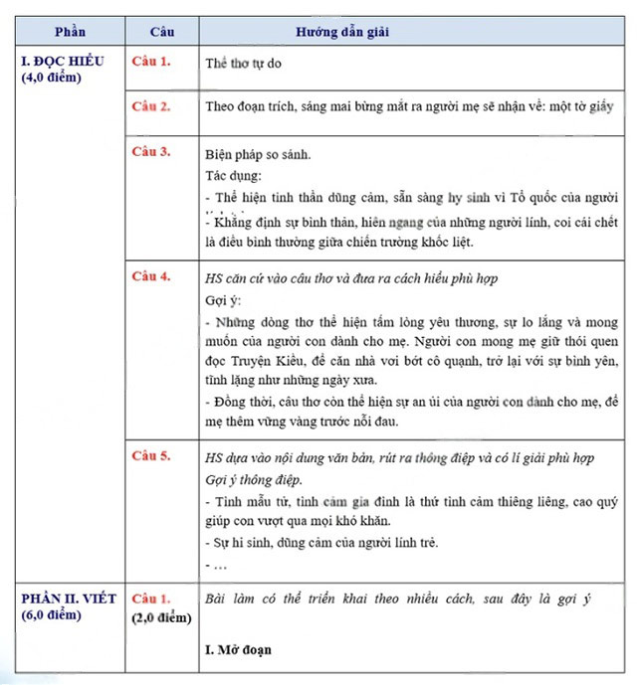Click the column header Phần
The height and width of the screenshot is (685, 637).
click(69, 32)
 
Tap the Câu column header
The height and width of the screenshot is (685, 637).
click(159, 32)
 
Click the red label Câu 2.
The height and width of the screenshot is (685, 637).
click(151, 105)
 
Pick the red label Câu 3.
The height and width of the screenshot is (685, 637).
click(151, 151)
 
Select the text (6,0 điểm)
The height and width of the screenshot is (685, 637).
click(51, 614)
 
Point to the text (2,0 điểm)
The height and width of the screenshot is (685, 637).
click(160, 616)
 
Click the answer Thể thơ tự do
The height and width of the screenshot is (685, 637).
click(246, 62)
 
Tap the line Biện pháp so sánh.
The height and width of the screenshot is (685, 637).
click(258, 155)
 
